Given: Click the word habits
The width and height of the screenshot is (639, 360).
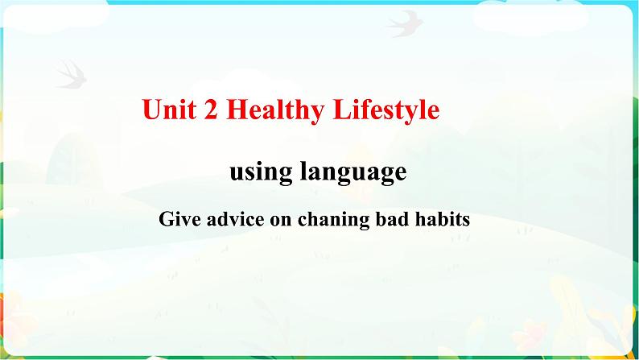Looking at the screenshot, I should [442, 218].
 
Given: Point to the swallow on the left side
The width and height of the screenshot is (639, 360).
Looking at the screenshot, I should [71, 73].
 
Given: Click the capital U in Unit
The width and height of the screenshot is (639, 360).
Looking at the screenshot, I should [150, 110].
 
